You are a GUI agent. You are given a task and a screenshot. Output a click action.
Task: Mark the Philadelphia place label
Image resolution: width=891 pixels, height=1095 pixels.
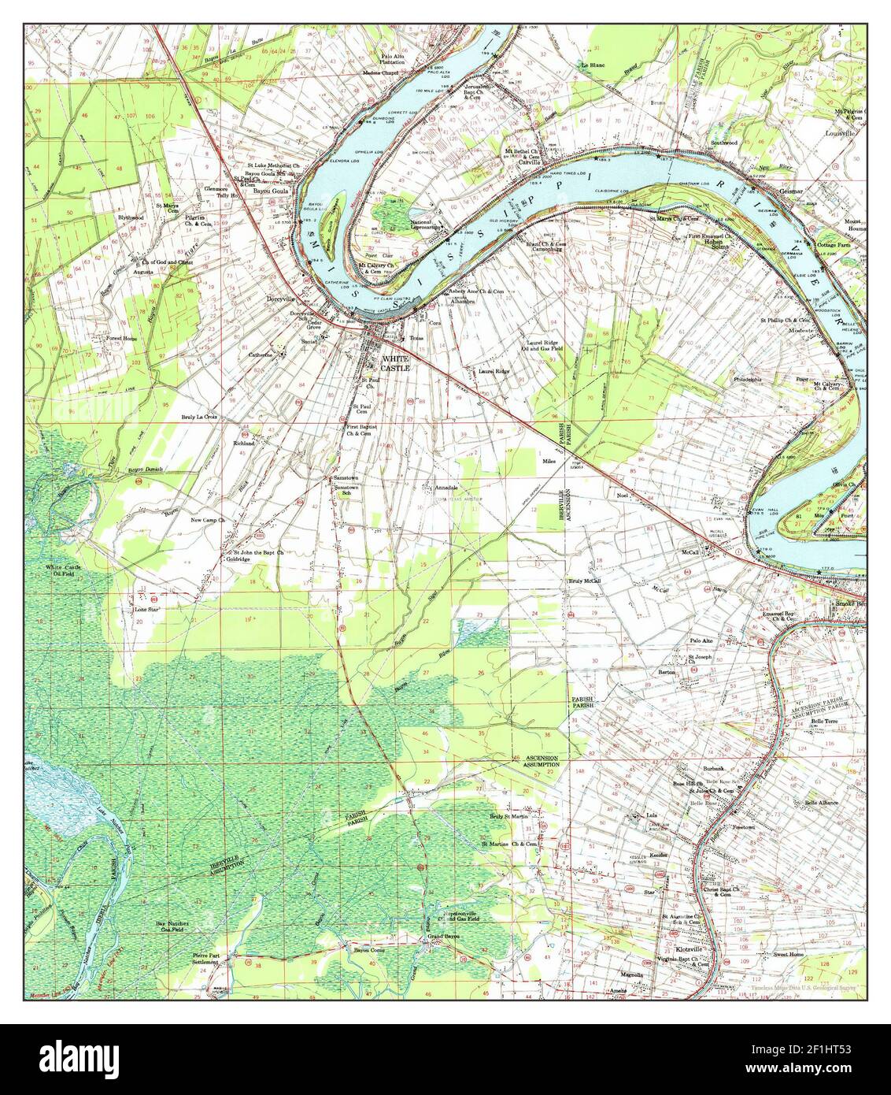coord(748,379)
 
